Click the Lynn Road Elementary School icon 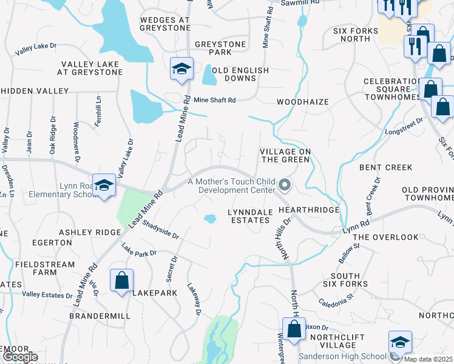(104, 185)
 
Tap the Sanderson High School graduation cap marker (400, 342)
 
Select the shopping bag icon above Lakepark (121, 281)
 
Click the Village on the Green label (285, 155)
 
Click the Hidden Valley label (35, 90)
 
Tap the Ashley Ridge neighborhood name (90, 232)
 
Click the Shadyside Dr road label (161, 229)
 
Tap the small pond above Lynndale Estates (210, 218)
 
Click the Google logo (19, 357)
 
